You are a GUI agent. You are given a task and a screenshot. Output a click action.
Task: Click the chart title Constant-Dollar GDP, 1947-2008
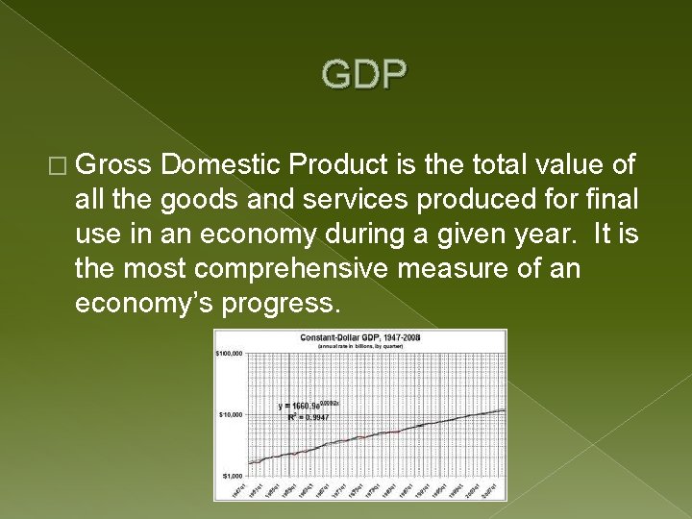[359, 338]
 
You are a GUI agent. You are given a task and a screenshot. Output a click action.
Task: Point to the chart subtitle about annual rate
[359, 346]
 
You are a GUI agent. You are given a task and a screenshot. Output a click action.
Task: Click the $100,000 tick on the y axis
[230, 353]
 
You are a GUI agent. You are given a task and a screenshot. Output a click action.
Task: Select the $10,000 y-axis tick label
[232, 414]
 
